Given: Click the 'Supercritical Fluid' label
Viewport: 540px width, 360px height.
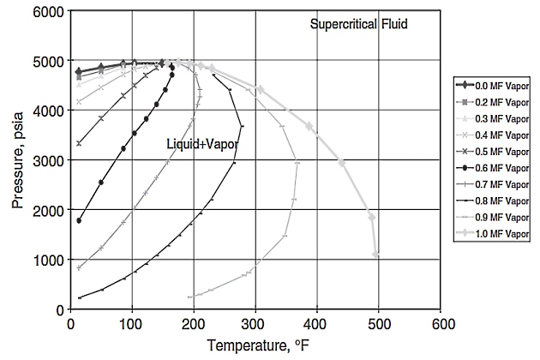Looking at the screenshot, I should click(357, 25).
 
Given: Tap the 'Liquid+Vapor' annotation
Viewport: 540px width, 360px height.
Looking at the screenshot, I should click(201, 145).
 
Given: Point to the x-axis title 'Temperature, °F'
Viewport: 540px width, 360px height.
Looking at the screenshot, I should click(256, 346).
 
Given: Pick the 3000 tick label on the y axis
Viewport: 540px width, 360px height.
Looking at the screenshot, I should click(49, 160).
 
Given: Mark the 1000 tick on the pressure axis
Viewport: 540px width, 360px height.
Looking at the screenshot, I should click(49, 260).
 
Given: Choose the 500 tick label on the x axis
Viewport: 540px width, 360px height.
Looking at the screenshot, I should click(380, 324).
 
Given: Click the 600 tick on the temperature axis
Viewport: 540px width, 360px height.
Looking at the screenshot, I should click(442, 324).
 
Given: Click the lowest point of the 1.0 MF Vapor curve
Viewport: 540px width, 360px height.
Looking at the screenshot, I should click(376, 254).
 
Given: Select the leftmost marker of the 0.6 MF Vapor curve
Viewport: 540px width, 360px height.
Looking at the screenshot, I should click(79, 220).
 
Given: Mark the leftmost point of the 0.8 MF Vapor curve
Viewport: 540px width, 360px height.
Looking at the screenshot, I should click(80, 297).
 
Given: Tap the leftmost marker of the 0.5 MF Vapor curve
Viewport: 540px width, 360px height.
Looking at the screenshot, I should click(79, 143).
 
